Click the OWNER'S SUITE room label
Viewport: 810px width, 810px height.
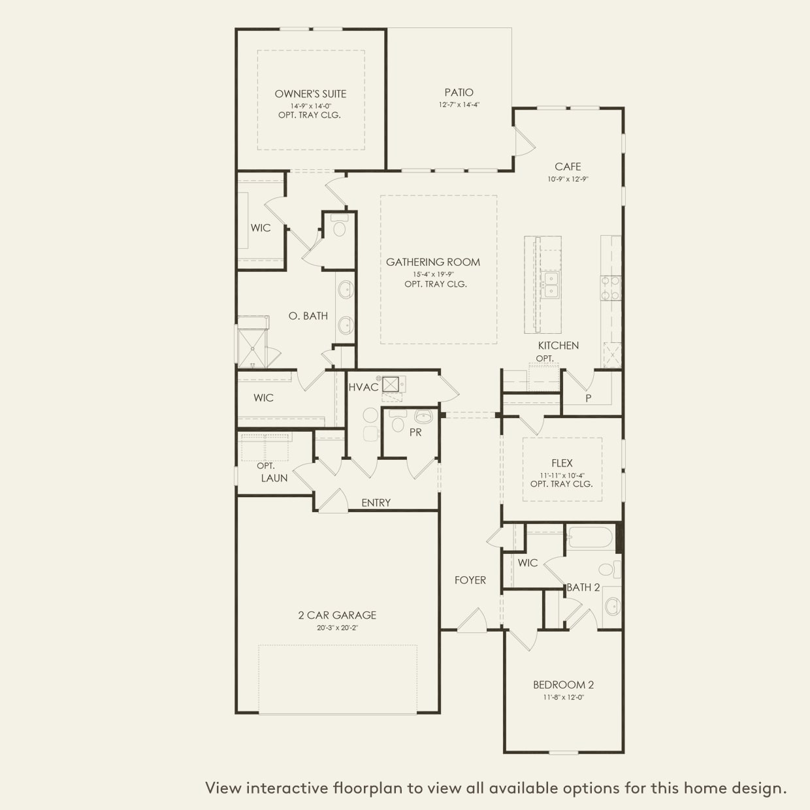pyautogui.click(x=310, y=93)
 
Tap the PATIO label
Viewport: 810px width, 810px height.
pyautogui.click(x=459, y=93)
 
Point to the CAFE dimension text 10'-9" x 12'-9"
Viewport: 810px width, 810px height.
pyautogui.click(x=568, y=179)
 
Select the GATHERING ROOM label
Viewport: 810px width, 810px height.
pyautogui.click(x=433, y=263)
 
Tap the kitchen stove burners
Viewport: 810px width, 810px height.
pyautogui.click(x=610, y=288)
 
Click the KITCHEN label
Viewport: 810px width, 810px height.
pyautogui.click(x=559, y=346)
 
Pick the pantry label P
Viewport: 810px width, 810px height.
pyautogui.click(x=588, y=398)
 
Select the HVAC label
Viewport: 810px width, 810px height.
pyautogui.click(x=363, y=387)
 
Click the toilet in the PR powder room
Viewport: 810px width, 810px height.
pyautogui.click(x=397, y=421)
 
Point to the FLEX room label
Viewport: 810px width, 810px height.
pyautogui.click(x=562, y=463)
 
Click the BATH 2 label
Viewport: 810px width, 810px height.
pyautogui.click(x=583, y=588)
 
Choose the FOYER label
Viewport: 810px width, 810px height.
pyautogui.click(x=470, y=581)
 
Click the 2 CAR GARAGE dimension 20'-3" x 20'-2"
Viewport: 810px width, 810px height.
pyautogui.click(x=337, y=628)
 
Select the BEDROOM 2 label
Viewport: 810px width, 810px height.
pyautogui.click(x=563, y=685)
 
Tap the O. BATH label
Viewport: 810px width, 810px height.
pyautogui.click(x=308, y=316)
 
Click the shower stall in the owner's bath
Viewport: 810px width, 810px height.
pyautogui.click(x=251, y=348)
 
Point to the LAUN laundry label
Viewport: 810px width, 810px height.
pyautogui.click(x=274, y=478)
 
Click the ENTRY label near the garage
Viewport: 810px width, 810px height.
pyautogui.click(x=376, y=503)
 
